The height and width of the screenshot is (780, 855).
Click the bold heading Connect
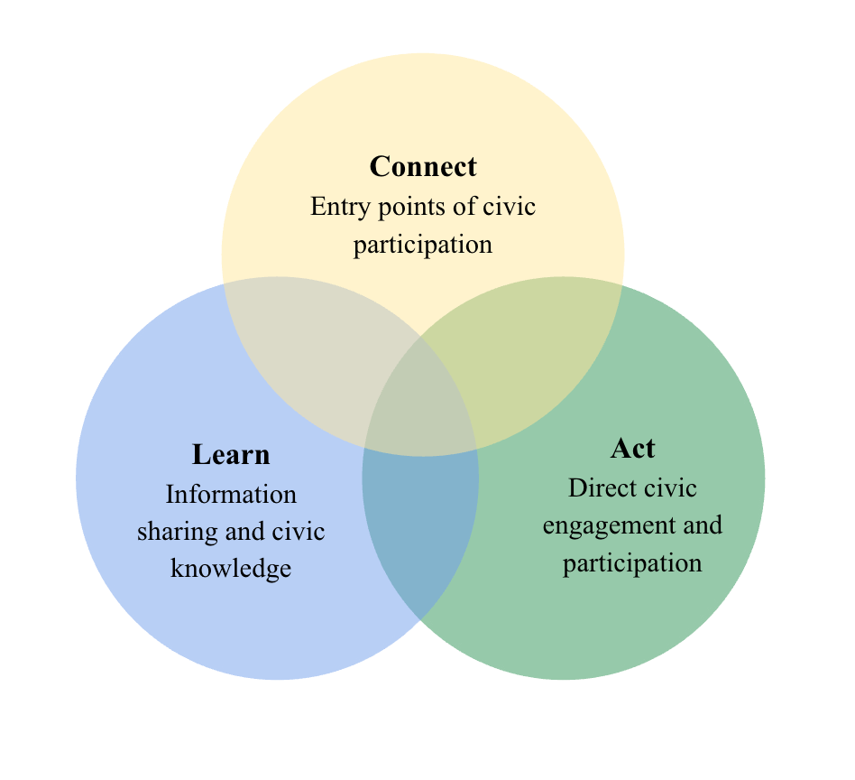point(423,167)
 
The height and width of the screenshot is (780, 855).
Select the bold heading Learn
point(231,454)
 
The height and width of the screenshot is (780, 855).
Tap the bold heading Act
point(632,448)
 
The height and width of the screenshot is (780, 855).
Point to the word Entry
point(331,207)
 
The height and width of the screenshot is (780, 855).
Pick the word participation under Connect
point(423,245)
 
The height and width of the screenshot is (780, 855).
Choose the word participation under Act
point(632,562)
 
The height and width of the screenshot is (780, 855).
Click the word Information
point(231,494)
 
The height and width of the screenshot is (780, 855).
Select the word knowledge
point(231,569)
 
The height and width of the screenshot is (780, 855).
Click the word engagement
point(600,525)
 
